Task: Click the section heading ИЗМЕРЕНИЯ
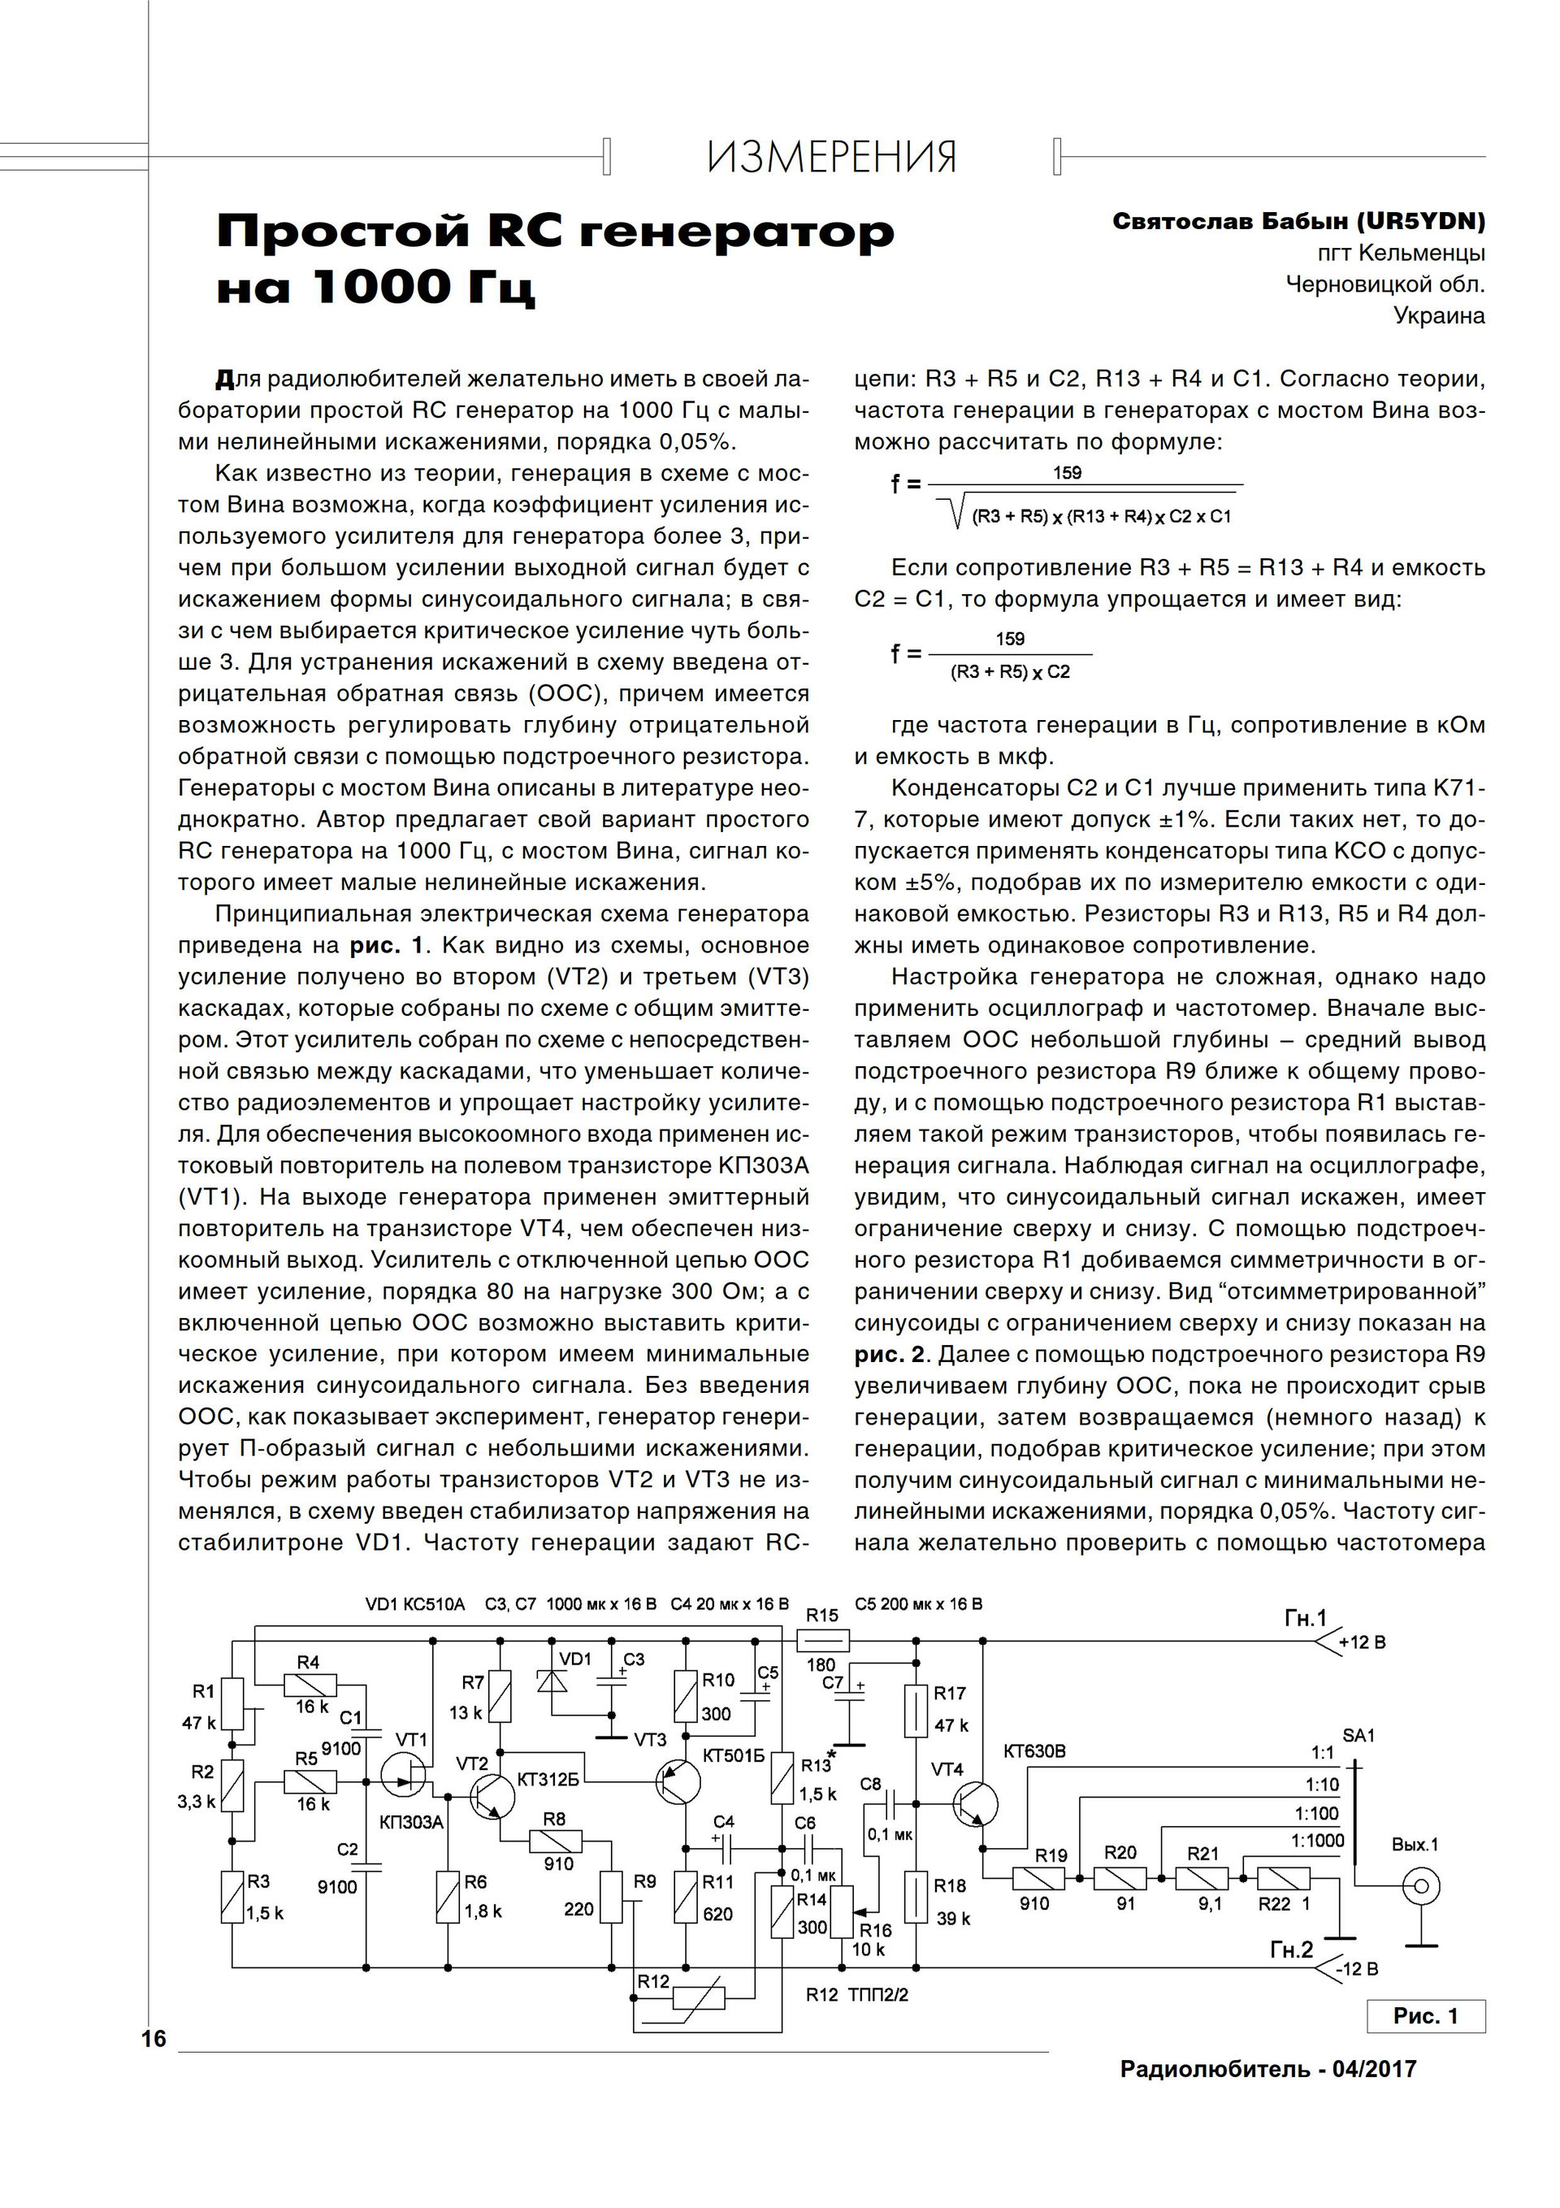832,157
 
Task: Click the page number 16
154,2039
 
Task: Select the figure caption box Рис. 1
1425,2015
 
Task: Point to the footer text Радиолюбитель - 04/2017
1267,2067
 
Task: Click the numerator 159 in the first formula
1067,472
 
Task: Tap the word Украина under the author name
1439,315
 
